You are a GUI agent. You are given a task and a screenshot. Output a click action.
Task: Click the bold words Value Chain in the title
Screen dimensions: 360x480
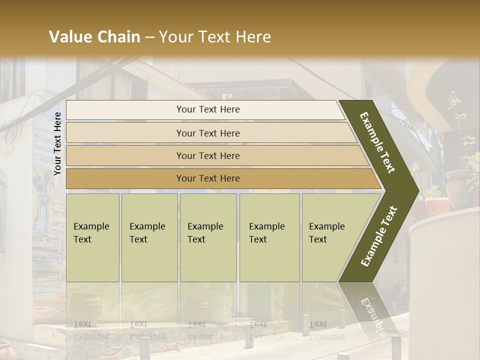tap(94, 37)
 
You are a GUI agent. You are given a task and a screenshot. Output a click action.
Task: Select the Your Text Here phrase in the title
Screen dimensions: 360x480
tap(215, 37)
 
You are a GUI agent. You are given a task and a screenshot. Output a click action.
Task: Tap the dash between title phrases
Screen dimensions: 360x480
tap(149, 37)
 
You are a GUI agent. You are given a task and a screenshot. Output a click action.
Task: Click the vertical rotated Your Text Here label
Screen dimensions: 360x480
tap(57, 143)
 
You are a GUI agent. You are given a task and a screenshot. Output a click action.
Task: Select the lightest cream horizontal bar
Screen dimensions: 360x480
tap(205, 109)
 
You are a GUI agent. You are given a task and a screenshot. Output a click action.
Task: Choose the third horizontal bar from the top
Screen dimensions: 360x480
tap(215, 155)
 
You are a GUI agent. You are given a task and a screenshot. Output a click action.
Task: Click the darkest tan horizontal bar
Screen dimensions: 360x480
tap(220, 178)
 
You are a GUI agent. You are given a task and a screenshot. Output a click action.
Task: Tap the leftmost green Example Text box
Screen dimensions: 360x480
tap(92, 237)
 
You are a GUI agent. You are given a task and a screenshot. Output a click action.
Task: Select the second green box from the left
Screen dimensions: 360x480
tap(149, 237)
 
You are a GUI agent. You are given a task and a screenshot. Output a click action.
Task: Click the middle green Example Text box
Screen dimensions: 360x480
tap(208, 237)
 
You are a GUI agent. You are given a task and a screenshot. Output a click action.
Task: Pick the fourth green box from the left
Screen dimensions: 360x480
tap(269, 237)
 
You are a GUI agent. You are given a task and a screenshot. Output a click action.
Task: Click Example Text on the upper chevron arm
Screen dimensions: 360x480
tap(377, 142)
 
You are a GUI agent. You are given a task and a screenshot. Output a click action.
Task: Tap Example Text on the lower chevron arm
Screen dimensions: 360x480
tap(379, 236)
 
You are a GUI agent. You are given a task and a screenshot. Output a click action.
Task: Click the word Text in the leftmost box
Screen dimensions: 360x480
tap(82, 239)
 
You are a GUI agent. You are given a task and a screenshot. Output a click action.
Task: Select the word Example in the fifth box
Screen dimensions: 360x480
tap(326, 226)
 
